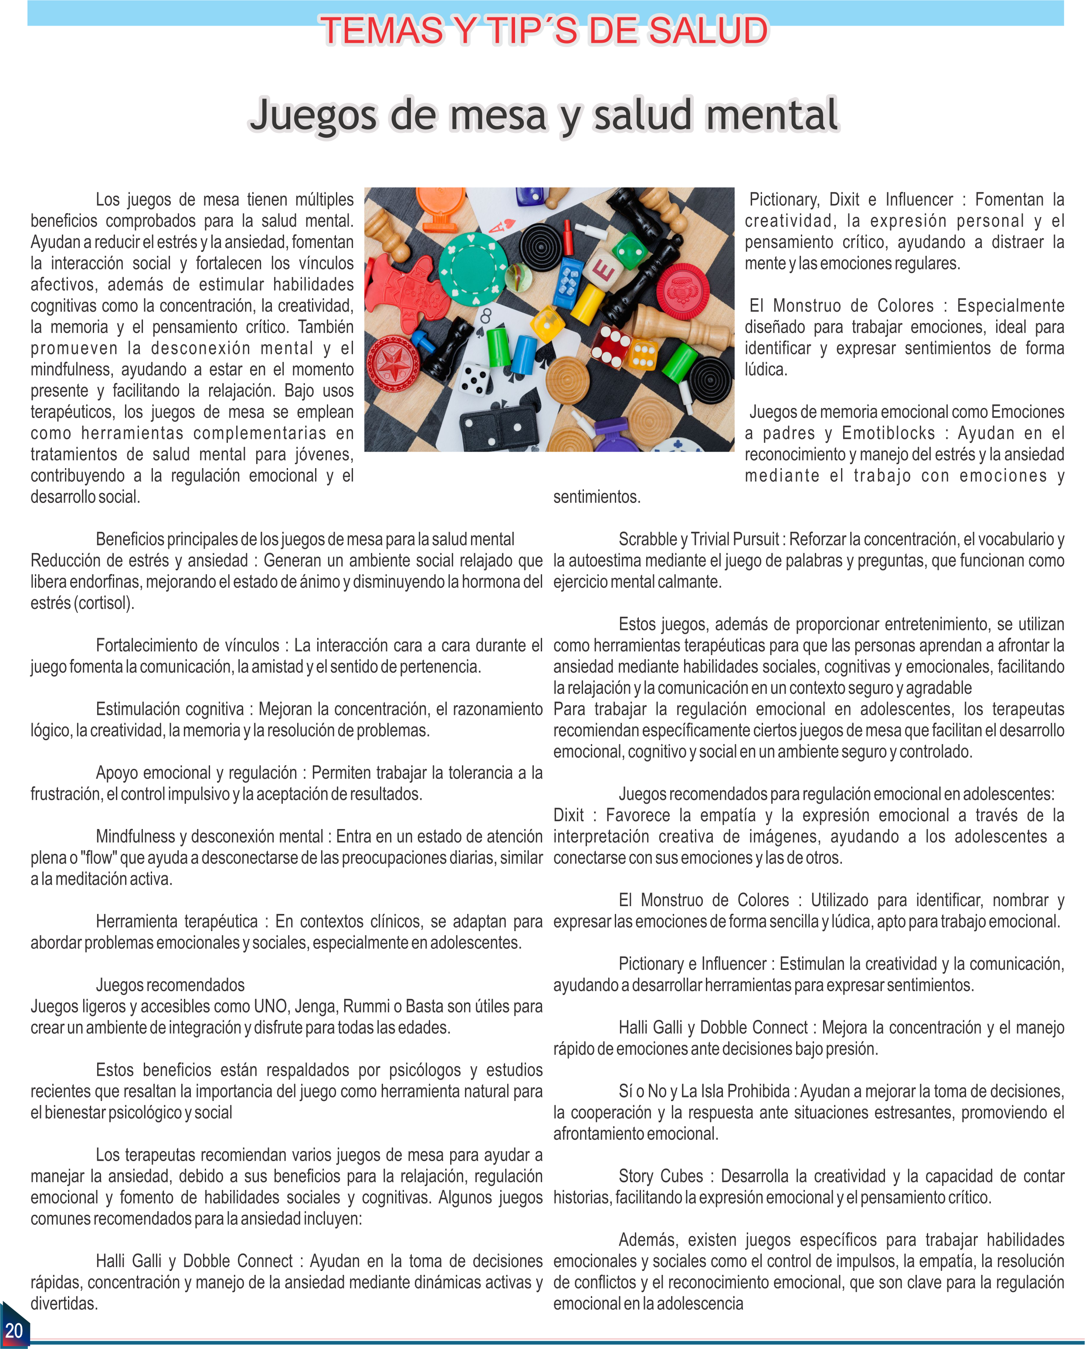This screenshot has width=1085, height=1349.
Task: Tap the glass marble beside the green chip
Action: click(518, 277)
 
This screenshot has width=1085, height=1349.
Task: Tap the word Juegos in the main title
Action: click(313, 116)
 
